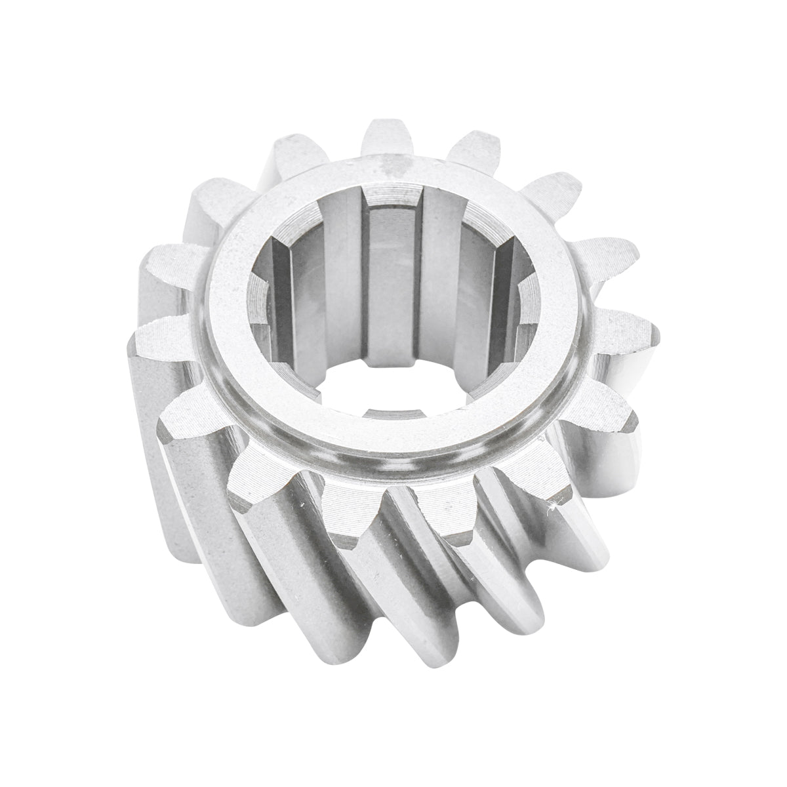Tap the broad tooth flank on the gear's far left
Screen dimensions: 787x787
(171, 420)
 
